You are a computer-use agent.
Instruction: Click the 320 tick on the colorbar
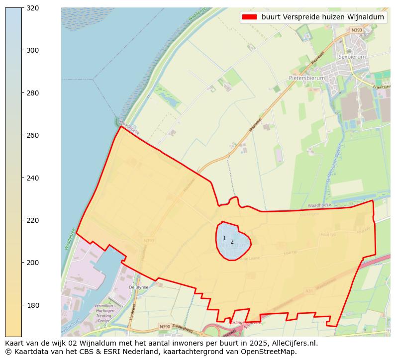pos(22,8)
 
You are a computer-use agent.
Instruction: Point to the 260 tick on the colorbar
pos(22,135)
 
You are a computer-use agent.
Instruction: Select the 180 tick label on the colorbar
pos(32,305)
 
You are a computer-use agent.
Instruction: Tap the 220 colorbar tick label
pos(32,220)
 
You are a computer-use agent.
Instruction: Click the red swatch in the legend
pos(249,17)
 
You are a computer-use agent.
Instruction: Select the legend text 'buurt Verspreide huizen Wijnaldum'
pos(322,17)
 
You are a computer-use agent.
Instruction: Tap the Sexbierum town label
pos(352,57)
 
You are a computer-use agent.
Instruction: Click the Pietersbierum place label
pos(306,78)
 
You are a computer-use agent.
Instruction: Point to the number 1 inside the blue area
pos(224,239)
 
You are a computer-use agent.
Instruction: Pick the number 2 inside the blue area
pos(232,242)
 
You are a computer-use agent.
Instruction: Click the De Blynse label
pos(138,287)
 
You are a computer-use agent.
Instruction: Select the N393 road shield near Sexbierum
pos(356,30)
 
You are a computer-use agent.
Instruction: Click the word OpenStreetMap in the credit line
pos(271,352)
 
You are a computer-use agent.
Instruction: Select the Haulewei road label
pos(133,314)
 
